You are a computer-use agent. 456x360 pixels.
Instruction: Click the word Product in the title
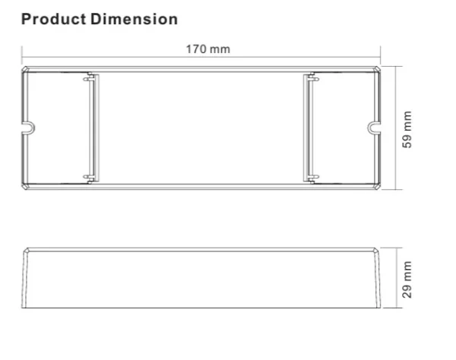pos(53,20)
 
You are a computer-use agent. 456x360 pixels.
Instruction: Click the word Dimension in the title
pos(134,20)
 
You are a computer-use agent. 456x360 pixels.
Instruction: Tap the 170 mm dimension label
pos(208,49)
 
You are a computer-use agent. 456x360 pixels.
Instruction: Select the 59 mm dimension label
pos(407,129)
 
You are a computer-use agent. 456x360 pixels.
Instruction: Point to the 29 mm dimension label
pos(407,279)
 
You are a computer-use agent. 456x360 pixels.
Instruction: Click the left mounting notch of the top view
pos(28,128)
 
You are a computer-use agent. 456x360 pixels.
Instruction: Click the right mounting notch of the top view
pos(374,128)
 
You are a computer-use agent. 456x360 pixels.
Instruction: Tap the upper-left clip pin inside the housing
pos(89,79)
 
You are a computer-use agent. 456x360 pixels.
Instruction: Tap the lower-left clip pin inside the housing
pos(89,177)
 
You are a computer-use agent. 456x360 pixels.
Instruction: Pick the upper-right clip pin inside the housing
pos(314,79)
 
